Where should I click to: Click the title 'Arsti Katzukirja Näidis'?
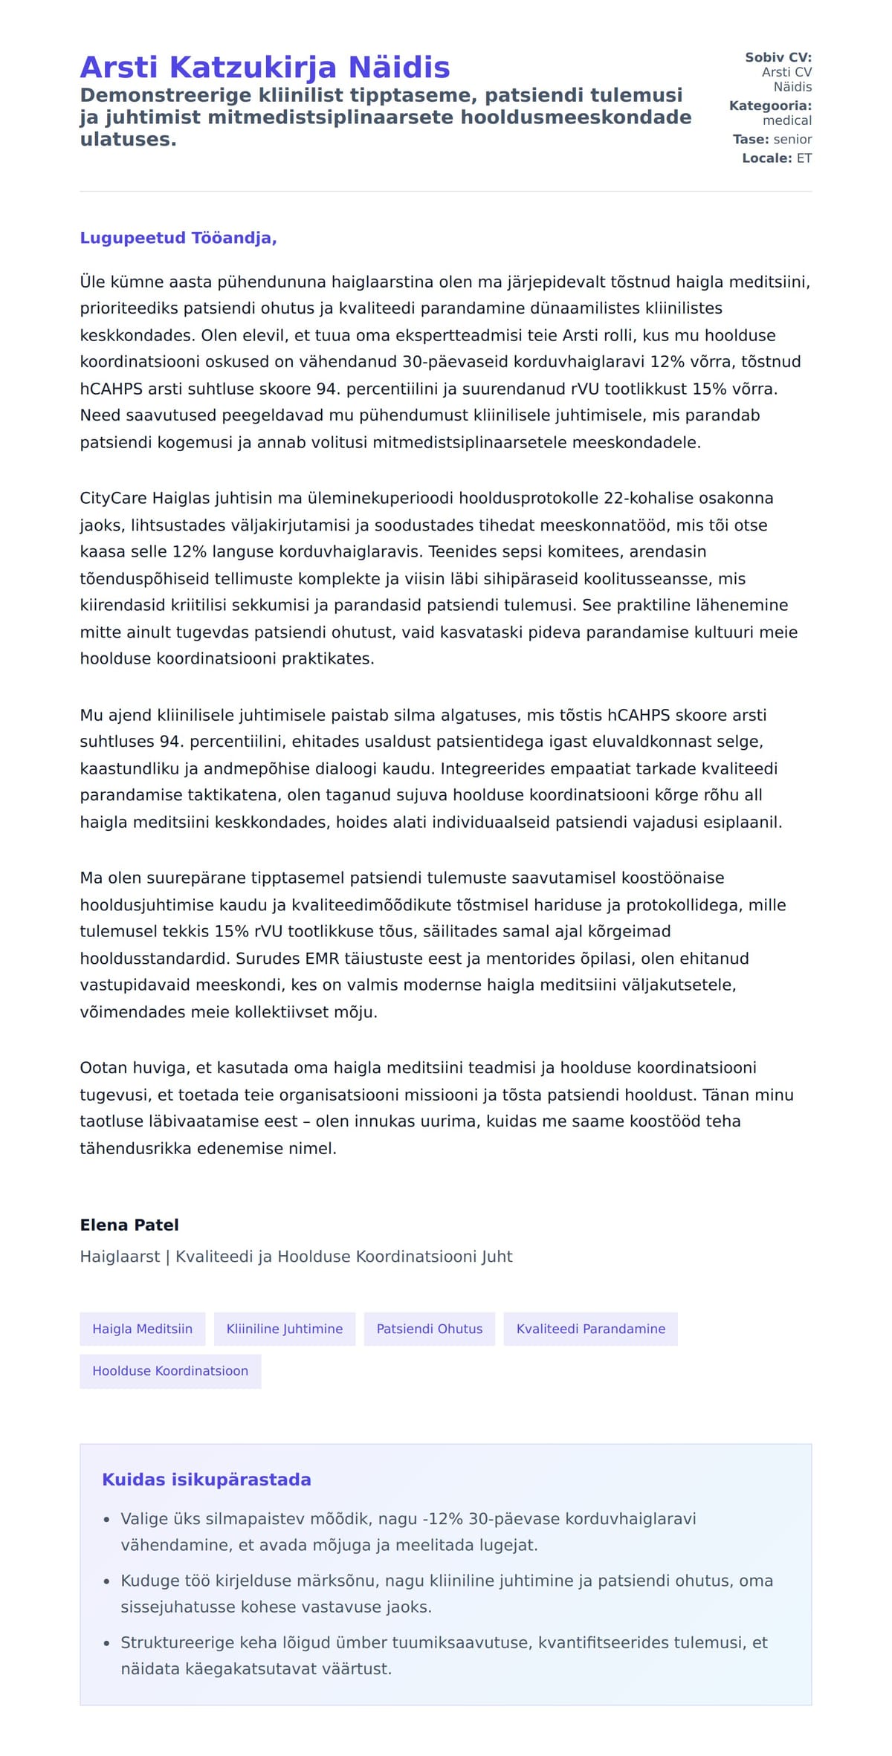(x=265, y=67)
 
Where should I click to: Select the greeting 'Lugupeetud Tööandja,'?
(x=178, y=238)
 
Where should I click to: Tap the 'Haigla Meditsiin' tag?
(x=142, y=1329)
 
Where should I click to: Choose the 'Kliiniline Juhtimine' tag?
(x=285, y=1329)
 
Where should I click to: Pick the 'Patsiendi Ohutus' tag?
(x=430, y=1329)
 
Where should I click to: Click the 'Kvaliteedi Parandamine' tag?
(x=591, y=1329)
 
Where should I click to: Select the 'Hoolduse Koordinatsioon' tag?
(x=170, y=1370)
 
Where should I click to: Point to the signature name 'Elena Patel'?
(x=129, y=1225)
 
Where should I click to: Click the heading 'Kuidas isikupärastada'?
(x=207, y=1479)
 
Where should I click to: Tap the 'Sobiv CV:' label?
(x=778, y=57)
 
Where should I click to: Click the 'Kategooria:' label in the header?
(x=770, y=106)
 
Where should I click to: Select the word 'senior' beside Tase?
(x=792, y=139)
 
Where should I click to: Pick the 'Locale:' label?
(x=767, y=158)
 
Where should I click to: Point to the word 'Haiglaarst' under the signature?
(x=120, y=1257)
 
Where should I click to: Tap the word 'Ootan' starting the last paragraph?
(x=103, y=1068)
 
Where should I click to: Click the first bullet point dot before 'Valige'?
(x=107, y=1520)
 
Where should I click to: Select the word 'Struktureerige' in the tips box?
(x=172, y=1642)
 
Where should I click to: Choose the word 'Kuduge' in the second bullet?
(x=149, y=1581)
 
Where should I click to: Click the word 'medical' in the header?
(x=787, y=120)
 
